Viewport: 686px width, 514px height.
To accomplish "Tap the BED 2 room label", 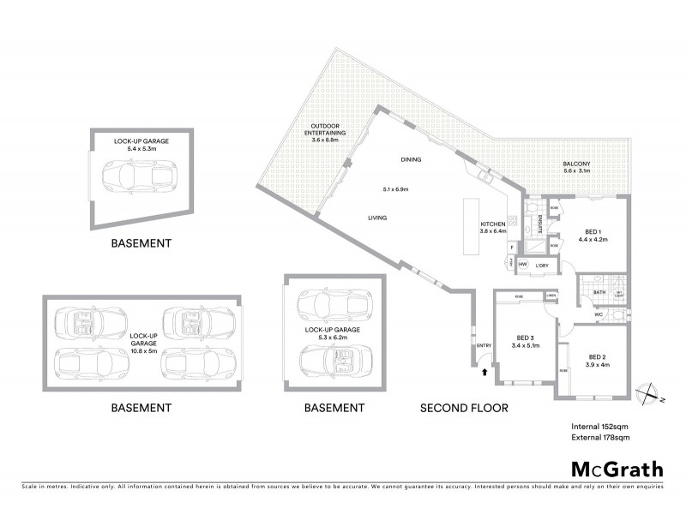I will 597,356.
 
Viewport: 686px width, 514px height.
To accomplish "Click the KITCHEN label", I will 493,224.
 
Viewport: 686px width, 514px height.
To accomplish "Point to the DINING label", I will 412,159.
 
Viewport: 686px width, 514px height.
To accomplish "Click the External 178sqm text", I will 600,438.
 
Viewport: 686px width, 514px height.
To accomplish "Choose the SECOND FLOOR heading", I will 463,408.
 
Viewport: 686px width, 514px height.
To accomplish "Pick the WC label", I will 599,314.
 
